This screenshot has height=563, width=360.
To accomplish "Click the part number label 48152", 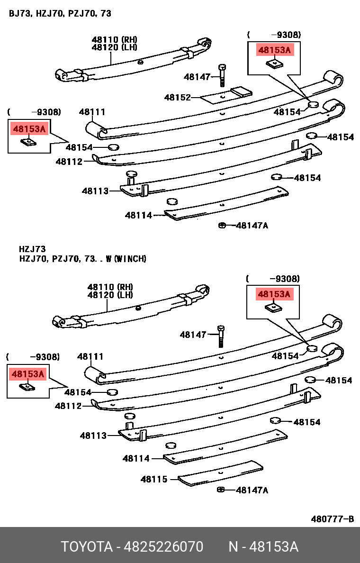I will tap(177, 98).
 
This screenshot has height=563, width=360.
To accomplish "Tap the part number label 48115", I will tap(154, 479).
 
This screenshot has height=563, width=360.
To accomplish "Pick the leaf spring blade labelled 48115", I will tap(221, 474).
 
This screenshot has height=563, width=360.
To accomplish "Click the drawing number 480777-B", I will tap(332, 519).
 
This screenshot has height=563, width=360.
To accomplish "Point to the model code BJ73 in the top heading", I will tap(18, 13).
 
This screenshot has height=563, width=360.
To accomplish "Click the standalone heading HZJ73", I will tap(32, 249).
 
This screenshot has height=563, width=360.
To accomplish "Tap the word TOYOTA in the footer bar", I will tap(87, 546).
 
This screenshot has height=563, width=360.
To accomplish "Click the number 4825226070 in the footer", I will tap(163, 546).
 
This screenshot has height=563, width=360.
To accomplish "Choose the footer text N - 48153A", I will tap(263, 546).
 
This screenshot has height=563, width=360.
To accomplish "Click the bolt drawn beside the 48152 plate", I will tap(222, 75).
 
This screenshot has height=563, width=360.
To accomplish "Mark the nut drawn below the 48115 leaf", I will tap(221, 490).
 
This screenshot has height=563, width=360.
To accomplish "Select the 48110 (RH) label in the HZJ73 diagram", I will tap(110, 287).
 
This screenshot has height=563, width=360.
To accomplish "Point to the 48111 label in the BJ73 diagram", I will tap(92, 112).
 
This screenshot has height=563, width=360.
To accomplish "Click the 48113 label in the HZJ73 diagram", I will tap(93, 436).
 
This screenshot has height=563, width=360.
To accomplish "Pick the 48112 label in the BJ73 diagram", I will tap(69, 162).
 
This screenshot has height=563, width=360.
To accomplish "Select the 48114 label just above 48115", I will tap(136, 458).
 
